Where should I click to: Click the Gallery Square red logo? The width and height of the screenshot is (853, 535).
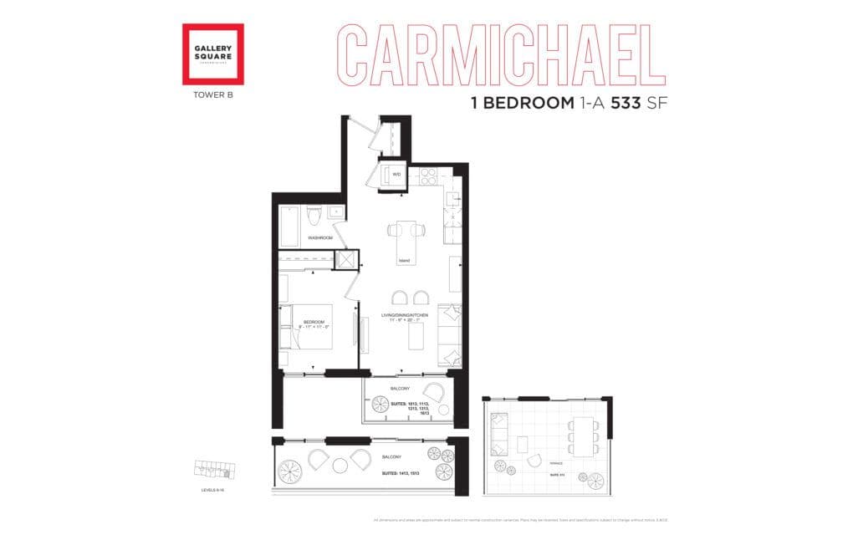point(213,53)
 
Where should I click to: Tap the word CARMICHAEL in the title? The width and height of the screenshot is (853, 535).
point(499,53)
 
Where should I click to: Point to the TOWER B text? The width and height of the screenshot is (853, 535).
point(212,95)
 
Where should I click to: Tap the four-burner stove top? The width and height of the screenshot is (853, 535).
point(426,176)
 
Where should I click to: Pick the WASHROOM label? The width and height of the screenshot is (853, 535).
point(320,238)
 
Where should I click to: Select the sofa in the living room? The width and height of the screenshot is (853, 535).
point(449,334)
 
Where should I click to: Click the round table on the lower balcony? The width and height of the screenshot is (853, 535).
point(341,464)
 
